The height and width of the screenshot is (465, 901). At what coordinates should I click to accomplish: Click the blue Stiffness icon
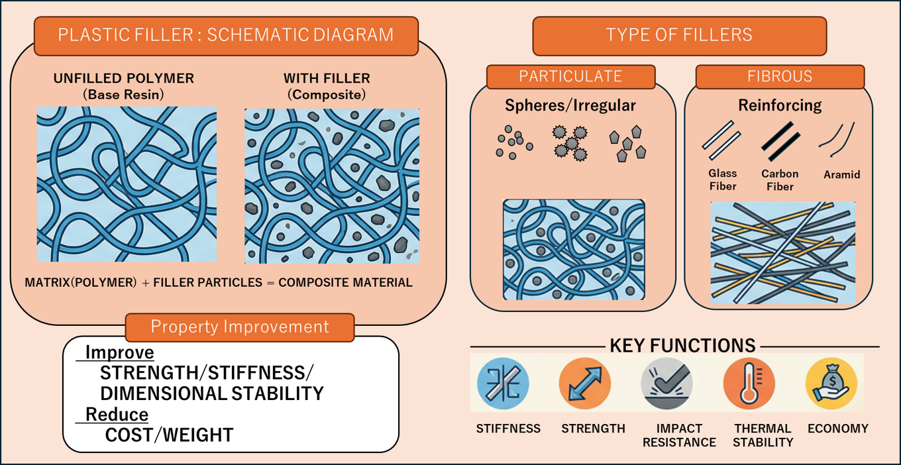pyautogui.click(x=503, y=384)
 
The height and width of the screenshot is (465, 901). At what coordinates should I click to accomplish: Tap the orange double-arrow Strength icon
pyautogui.click(x=585, y=384)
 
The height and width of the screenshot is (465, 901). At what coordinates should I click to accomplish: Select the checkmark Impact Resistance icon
pyautogui.click(x=667, y=384)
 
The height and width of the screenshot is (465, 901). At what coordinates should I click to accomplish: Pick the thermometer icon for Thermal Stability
pyautogui.click(x=749, y=384)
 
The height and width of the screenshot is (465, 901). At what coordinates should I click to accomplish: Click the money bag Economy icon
pyautogui.click(x=831, y=384)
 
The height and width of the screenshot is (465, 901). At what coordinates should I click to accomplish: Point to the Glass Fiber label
pyautogui.click(x=722, y=180)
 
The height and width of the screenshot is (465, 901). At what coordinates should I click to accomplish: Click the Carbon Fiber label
pyautogui.click(x=780, y=180)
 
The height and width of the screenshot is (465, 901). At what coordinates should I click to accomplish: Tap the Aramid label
pyautogui.click(x=842, y=175)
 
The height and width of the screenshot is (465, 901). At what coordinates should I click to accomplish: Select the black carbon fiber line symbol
pyautogui.click(x=780, y=141)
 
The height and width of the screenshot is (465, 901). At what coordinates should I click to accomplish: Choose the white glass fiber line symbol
pyautogui.click(x=721, y=140)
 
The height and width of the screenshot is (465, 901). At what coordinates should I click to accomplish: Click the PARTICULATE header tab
pyautogui.click(x=571, y=76)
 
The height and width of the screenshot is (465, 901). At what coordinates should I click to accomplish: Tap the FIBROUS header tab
pyautogui.click(x=780, y=76)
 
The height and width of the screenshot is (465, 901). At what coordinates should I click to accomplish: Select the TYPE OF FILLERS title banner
pyautogui.click(x=679, y=35)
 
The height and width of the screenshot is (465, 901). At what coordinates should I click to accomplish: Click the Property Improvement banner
pyautogui.click(x=240, y=327)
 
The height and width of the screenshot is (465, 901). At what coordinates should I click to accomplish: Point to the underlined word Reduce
pyautogui.click(x=117, y=414)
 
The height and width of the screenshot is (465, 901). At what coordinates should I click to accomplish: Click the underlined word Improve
pyautogui.click(x=119, y=352)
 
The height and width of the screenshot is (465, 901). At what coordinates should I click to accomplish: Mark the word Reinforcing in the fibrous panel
pyautogui.click(x=780, y=105)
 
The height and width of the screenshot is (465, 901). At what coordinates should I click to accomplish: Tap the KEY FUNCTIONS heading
pyautogui.click(x=682, y=346)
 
